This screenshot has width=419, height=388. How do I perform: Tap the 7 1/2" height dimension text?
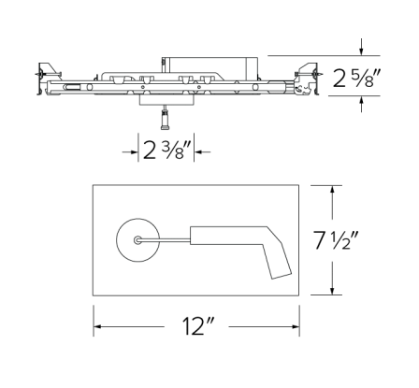click(x=364, y=241)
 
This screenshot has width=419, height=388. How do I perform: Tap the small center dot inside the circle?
click(x=137, y=240)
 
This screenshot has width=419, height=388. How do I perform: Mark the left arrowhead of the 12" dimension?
click(x=97, y=329)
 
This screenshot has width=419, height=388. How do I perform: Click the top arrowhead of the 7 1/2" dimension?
click(x=333, y=188)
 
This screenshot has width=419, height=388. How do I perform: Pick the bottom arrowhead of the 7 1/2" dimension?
click(x=333, y=295)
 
